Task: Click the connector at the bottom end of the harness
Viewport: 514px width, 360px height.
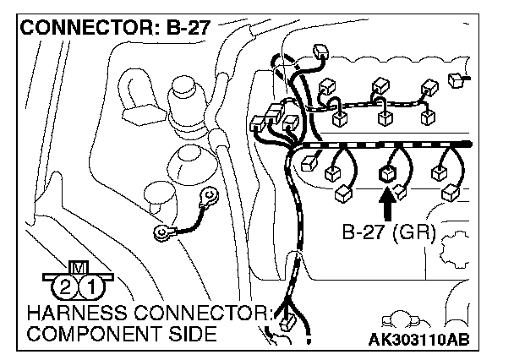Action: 287,322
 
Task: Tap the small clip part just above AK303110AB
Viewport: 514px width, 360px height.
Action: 397,321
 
